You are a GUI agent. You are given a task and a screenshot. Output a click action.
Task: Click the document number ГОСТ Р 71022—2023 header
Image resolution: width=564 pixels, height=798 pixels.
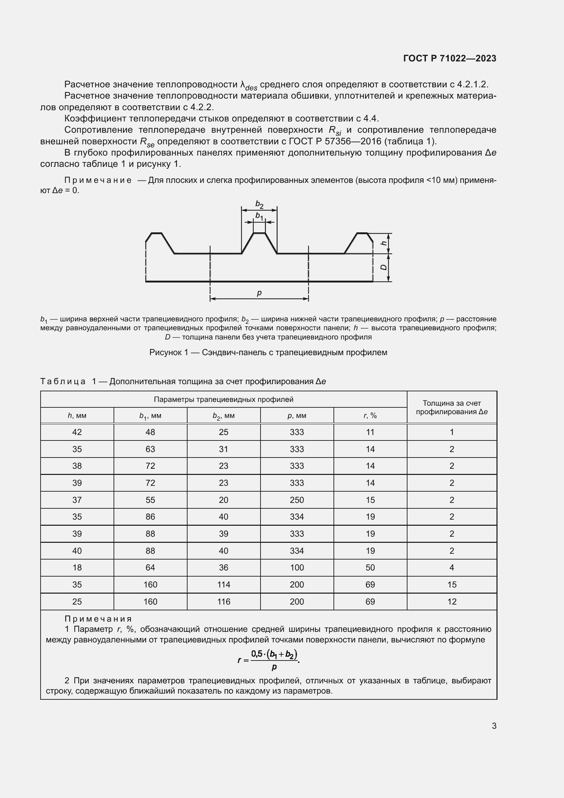449,58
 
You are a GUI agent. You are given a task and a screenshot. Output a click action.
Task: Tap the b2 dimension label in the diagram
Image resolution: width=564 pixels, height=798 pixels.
259,204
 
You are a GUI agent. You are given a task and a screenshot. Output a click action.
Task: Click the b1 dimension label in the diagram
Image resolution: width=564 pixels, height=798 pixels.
259,216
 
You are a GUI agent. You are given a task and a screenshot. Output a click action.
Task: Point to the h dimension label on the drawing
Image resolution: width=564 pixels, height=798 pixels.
383,243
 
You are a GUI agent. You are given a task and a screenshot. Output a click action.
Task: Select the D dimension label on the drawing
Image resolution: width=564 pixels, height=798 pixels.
383,267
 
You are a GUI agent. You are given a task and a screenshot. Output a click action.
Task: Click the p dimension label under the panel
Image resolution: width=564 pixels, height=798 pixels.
259,293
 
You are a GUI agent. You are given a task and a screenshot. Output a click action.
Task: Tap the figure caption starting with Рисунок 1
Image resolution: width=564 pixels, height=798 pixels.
268,352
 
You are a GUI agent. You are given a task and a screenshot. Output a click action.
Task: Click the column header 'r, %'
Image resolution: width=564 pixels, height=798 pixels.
370,415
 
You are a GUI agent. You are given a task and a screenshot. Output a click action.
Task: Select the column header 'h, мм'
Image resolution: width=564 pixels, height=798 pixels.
77,415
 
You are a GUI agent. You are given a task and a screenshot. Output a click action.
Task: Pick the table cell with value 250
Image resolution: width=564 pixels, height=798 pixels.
297,500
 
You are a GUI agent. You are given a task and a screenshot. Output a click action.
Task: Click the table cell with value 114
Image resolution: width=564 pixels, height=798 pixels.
223,585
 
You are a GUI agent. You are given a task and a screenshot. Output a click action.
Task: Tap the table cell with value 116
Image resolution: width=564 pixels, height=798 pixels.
223,601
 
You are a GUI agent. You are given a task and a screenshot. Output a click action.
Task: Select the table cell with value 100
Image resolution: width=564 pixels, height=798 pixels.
297,568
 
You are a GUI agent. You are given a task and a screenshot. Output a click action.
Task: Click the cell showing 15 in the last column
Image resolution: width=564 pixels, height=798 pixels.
451,585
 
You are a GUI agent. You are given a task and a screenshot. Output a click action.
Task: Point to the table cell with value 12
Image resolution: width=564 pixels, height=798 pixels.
451,601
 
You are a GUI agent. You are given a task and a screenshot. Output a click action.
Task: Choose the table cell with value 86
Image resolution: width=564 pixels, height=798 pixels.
150,517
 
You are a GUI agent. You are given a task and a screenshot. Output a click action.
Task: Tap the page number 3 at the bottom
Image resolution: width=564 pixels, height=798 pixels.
494,726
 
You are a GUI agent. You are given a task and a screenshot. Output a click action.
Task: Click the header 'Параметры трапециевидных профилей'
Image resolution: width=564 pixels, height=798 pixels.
223,400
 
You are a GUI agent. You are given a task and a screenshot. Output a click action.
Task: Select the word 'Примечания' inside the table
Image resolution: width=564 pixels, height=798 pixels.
98,619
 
